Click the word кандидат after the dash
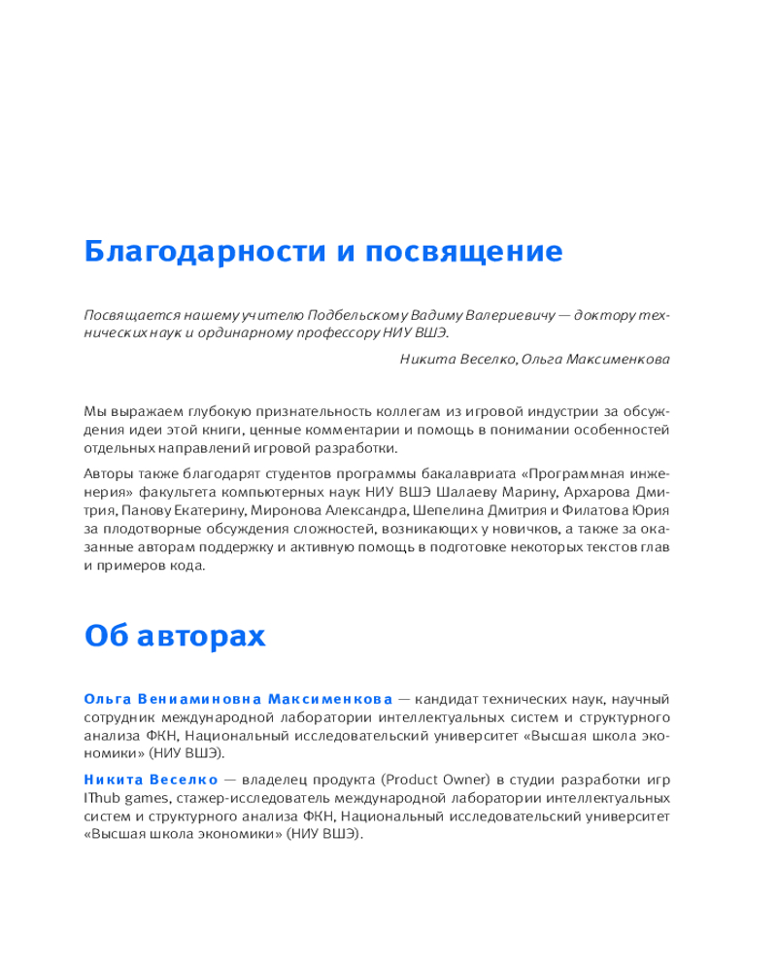point(456,699)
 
